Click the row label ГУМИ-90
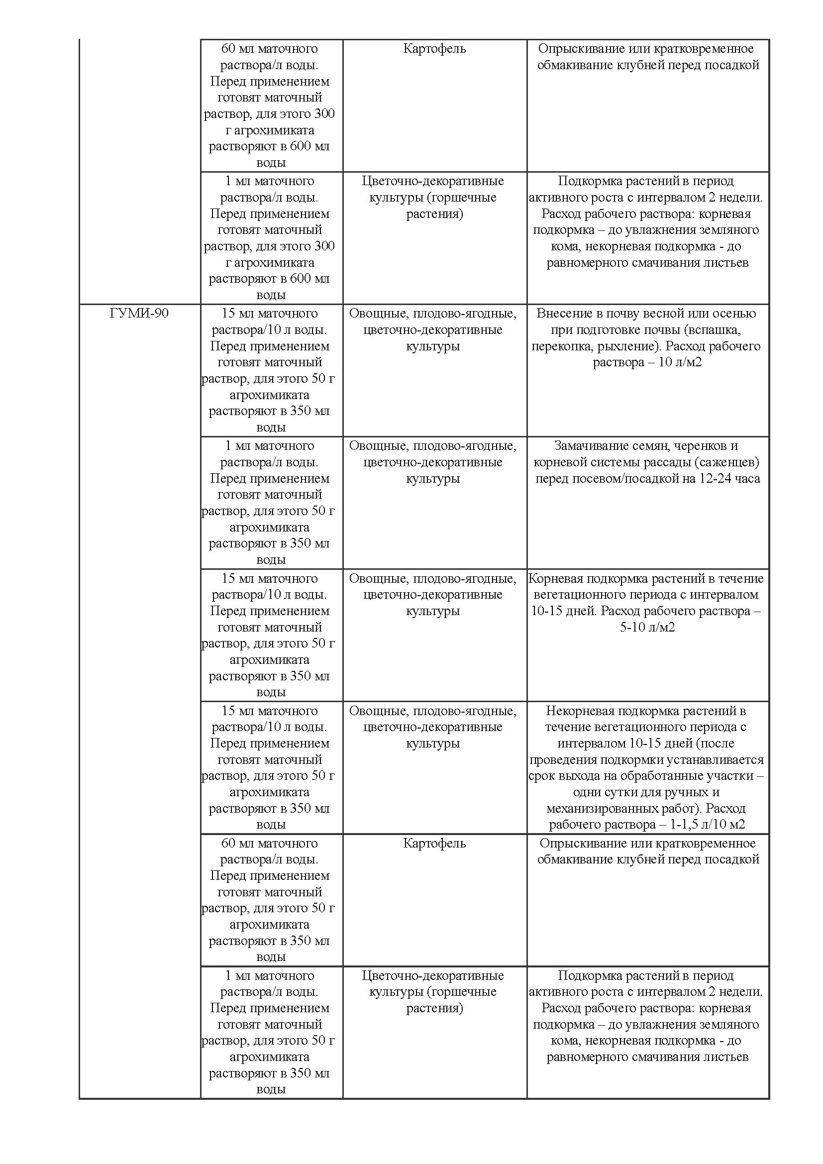[x=139, y=314]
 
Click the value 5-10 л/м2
[x=647, y=627]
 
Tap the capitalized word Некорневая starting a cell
[x=581, y=711]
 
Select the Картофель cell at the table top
[x=434, y=49]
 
